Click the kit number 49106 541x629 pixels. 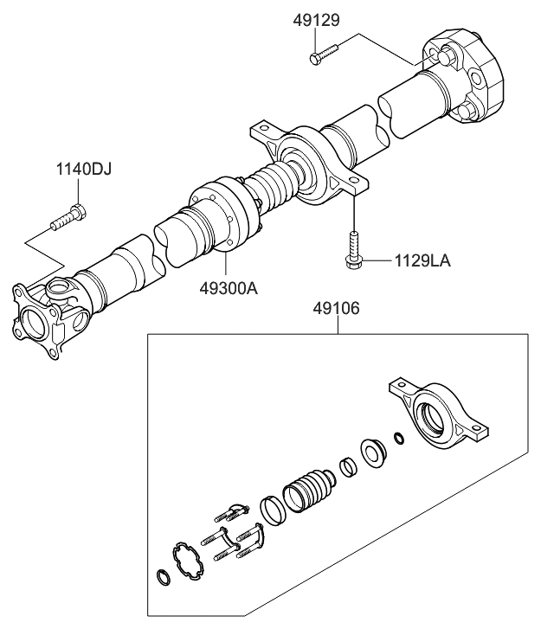pyautogui.click(x=338, y=308)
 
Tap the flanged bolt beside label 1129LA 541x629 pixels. pyautogui.click(x=353, y=248)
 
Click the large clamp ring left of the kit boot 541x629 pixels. pyautogui.click(x=272, y=509)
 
